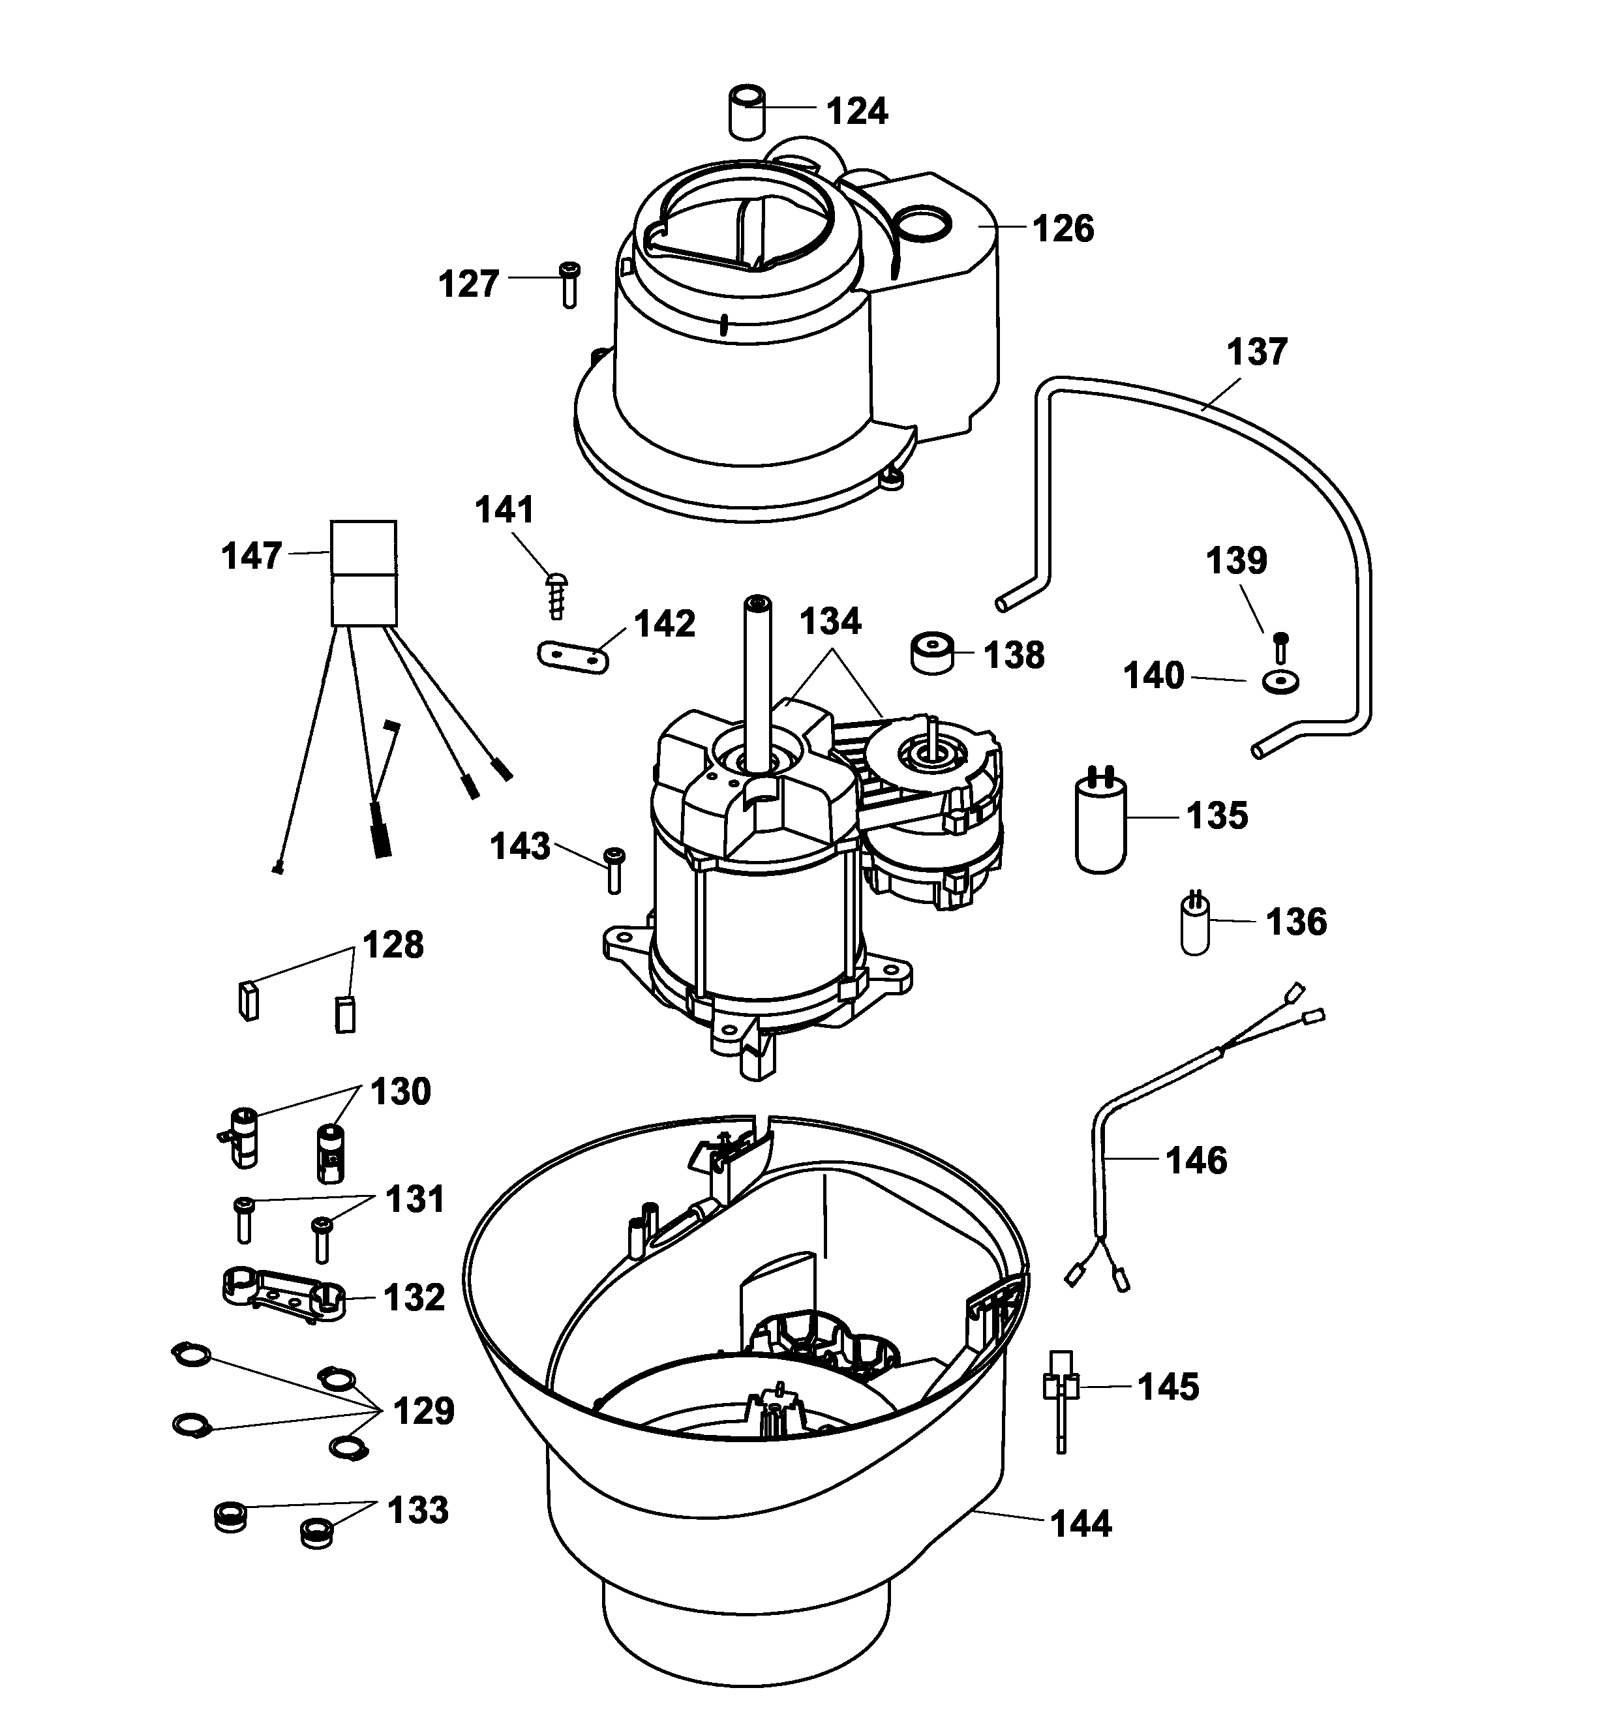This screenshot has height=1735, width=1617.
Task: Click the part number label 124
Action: (857, 112)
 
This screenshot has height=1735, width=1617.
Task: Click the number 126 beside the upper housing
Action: (1063, 229)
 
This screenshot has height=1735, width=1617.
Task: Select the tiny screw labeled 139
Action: (1280, 646)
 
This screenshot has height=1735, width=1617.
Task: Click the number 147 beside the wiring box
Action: (251, 556)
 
